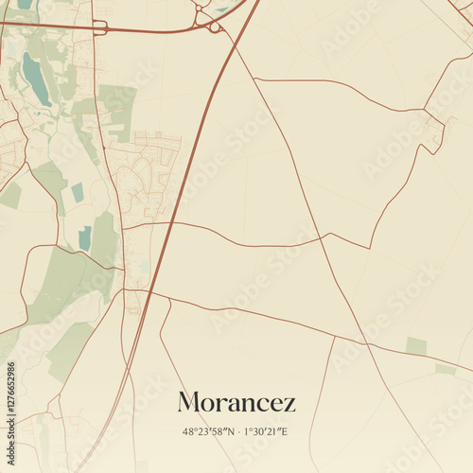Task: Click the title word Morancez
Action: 236,402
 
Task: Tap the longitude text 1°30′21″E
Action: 266,431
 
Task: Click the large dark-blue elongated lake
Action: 36,79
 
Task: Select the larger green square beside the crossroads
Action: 416,345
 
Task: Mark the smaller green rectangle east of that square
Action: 445,368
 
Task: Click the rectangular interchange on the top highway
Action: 99,27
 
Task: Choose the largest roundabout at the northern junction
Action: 216,27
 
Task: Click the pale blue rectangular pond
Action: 78,192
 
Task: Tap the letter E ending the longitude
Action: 285,431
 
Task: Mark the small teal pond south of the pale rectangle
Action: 85,238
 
